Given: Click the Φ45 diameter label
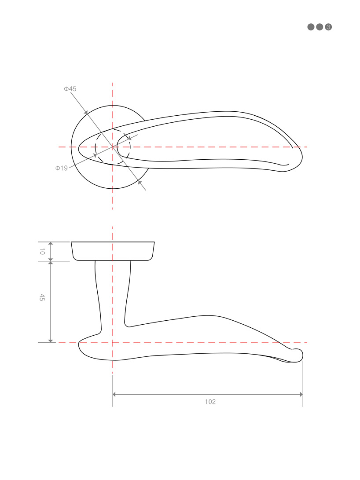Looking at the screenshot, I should pyautogui.click(x=70, y=89).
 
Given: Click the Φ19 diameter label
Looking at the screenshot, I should pyautogui.click(x=61, y=168).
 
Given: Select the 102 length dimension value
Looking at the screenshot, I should pyautogui.click(x=210, y=402).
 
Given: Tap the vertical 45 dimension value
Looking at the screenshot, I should pyautogui.click(x=42, y=297).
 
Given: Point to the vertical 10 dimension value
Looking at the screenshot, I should pyautogui.click(x=42, y=252).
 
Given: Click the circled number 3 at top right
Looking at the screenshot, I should pyautogui.click(x=328, y=27).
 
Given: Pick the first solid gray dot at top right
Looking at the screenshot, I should pyautogui.click(x=311, y=27).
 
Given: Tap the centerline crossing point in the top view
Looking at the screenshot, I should pyautogui.click(x=113, y=147).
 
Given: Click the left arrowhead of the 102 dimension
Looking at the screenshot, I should pyautogui.click(x=115, y=394).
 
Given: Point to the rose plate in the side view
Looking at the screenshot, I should pyautogui.click(x=113, y=251).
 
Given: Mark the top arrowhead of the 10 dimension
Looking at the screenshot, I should pyautogui.click(x=51, y=244).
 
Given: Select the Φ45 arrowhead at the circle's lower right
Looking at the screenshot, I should pyautogui.click(x=140, y=181).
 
